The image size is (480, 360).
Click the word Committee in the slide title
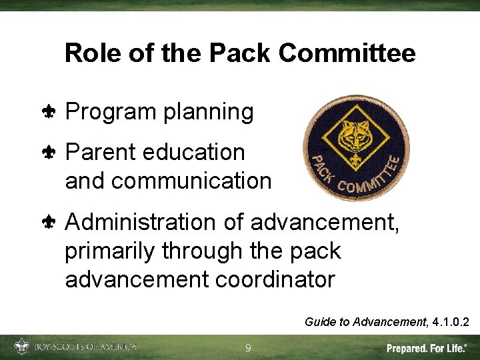[x=357, y=53]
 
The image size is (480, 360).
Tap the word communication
[x=168, y=181]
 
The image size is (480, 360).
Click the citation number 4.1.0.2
[x=451, y=323]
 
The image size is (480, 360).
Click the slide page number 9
[x=248, y=348]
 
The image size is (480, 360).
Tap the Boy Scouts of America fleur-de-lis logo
[x=22, y=347]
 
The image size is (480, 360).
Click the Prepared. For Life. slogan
[x=427, y=348]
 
